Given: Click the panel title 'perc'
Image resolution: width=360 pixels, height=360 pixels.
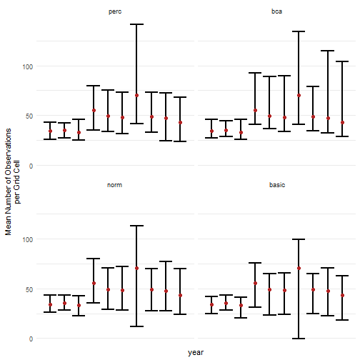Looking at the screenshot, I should pos(114,11).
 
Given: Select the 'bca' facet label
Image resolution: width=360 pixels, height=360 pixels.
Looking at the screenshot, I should pos(277,11).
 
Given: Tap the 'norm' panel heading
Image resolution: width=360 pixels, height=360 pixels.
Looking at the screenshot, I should pos(114,185).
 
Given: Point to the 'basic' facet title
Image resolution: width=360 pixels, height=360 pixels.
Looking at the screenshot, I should pos(277,185).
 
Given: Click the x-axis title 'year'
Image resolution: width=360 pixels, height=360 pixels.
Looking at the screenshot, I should pos(196,353).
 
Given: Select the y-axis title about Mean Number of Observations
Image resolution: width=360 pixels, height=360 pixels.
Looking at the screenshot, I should pos(13,181).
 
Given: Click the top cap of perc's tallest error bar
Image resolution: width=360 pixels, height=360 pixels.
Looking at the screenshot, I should pos(136,24).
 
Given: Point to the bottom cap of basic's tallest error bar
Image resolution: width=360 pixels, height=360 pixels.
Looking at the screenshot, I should pos(299,338).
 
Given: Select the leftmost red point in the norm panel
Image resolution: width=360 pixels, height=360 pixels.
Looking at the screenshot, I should pos(50,305).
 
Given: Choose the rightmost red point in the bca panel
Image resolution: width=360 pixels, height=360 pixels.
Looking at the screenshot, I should pos(343,123).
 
